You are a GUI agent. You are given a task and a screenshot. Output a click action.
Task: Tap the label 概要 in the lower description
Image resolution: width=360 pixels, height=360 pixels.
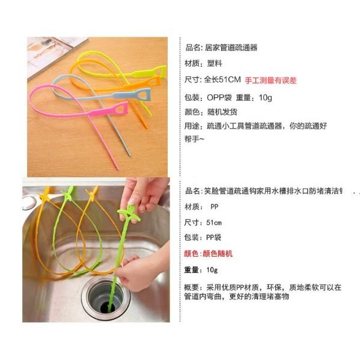[192, 286]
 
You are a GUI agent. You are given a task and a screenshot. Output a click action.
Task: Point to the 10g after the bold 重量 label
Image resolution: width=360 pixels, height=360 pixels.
[211, 270]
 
